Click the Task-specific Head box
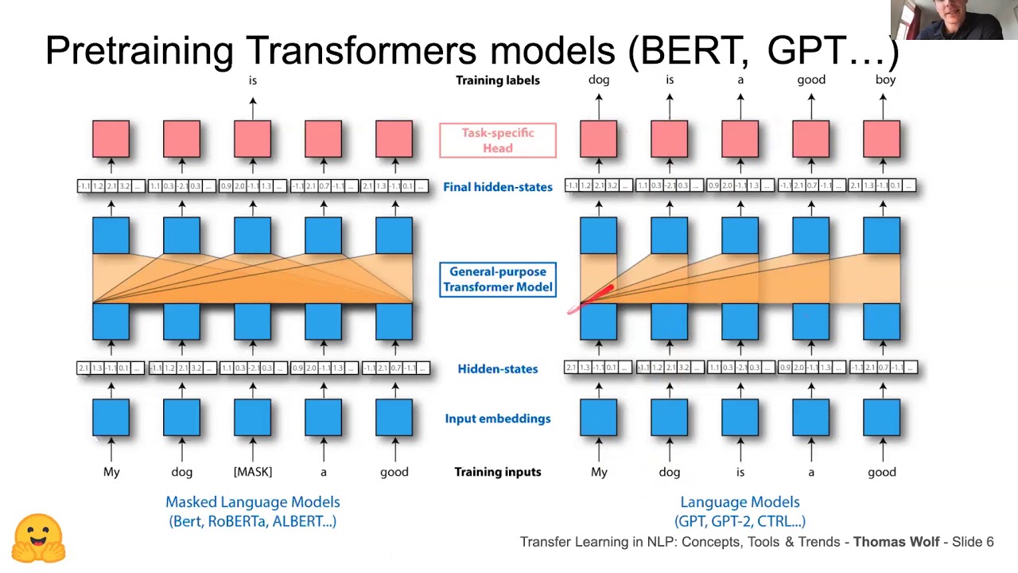pyautogui.click(x=498, y=141)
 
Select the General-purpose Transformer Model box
pyautogui.click(x=498, y=279)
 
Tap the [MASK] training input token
pyautogui.click(x=253, y=472)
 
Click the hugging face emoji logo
pyautogui.click(x=38, y=539)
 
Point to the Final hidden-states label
pyautogui.click(x=498, y=187)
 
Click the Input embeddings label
pyautogui.click(x=498, y=419)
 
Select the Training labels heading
pyautogui.click(x=498, y=80)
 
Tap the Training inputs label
pyautogui.click(x=498, y=472)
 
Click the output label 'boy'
pyautogui.click(x=885, y=80)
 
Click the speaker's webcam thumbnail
pyautogui.click(x=954, y=20)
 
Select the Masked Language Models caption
pyautogui.click(x=253, y=502)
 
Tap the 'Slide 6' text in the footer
pyautogui.click(x=973, y=542)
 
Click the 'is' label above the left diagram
pyautogui.click(x=253, y=80)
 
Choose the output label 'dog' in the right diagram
pyautogui.click(x=599, y=80)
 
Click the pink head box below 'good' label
pyautogui.click(x=811, y=139)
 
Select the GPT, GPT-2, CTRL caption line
pyautogui.click(x=740, y=522)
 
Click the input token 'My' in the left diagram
pyautogui.click(x=111, y=472)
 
